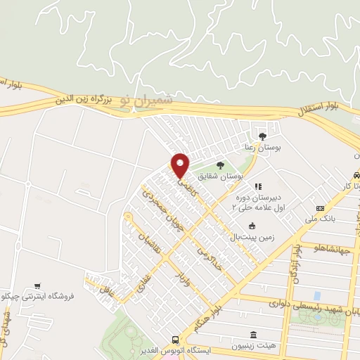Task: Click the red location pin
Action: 181,165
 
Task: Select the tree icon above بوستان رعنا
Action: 263,136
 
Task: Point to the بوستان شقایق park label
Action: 218,176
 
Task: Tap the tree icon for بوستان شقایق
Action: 220,165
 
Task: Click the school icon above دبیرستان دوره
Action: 257,186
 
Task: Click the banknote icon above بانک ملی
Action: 321,208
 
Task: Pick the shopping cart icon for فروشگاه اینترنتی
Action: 37,286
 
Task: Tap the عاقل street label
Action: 105,285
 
